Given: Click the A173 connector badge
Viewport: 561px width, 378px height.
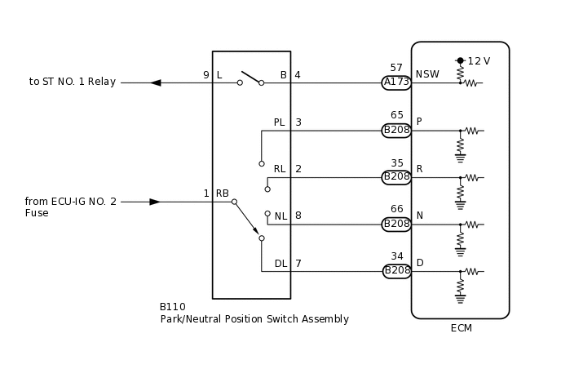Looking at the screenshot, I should (397, 82).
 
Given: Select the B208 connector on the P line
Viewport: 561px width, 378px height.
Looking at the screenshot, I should (397, 130).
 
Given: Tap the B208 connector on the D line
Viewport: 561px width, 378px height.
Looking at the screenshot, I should (397, 271).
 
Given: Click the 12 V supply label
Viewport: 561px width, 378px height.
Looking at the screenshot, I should (479, 61).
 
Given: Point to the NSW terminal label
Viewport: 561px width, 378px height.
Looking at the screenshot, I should (427, 74).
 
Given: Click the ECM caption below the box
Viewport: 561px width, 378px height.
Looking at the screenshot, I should (461, 328).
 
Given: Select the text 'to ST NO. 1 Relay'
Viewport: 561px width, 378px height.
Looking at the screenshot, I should (73, 82).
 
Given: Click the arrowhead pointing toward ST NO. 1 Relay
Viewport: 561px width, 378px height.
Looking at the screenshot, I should (156, 82).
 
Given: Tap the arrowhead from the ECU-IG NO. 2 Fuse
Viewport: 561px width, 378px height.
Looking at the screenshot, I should (155, 202).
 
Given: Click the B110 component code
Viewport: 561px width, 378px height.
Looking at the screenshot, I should (172, 307).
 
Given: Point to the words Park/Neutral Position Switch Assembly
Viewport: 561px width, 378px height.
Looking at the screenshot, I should (254, 319).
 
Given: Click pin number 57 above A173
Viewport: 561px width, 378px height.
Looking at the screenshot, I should (396, 68).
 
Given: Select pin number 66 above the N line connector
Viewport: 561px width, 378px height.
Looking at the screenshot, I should (396, 209).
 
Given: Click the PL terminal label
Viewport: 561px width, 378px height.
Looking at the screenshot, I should (279, 122).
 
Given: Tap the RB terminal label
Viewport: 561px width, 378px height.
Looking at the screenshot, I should (222, 193).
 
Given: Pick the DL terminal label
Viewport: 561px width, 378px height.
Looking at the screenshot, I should (280, 264).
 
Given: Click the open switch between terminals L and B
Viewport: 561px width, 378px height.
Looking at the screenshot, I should (250, 79).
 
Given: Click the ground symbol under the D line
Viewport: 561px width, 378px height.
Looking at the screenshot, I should (460, 299).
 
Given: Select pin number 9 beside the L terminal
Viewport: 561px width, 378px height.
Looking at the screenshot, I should (206, 75).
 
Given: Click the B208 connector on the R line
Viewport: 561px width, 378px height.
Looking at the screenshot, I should (397, 177).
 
